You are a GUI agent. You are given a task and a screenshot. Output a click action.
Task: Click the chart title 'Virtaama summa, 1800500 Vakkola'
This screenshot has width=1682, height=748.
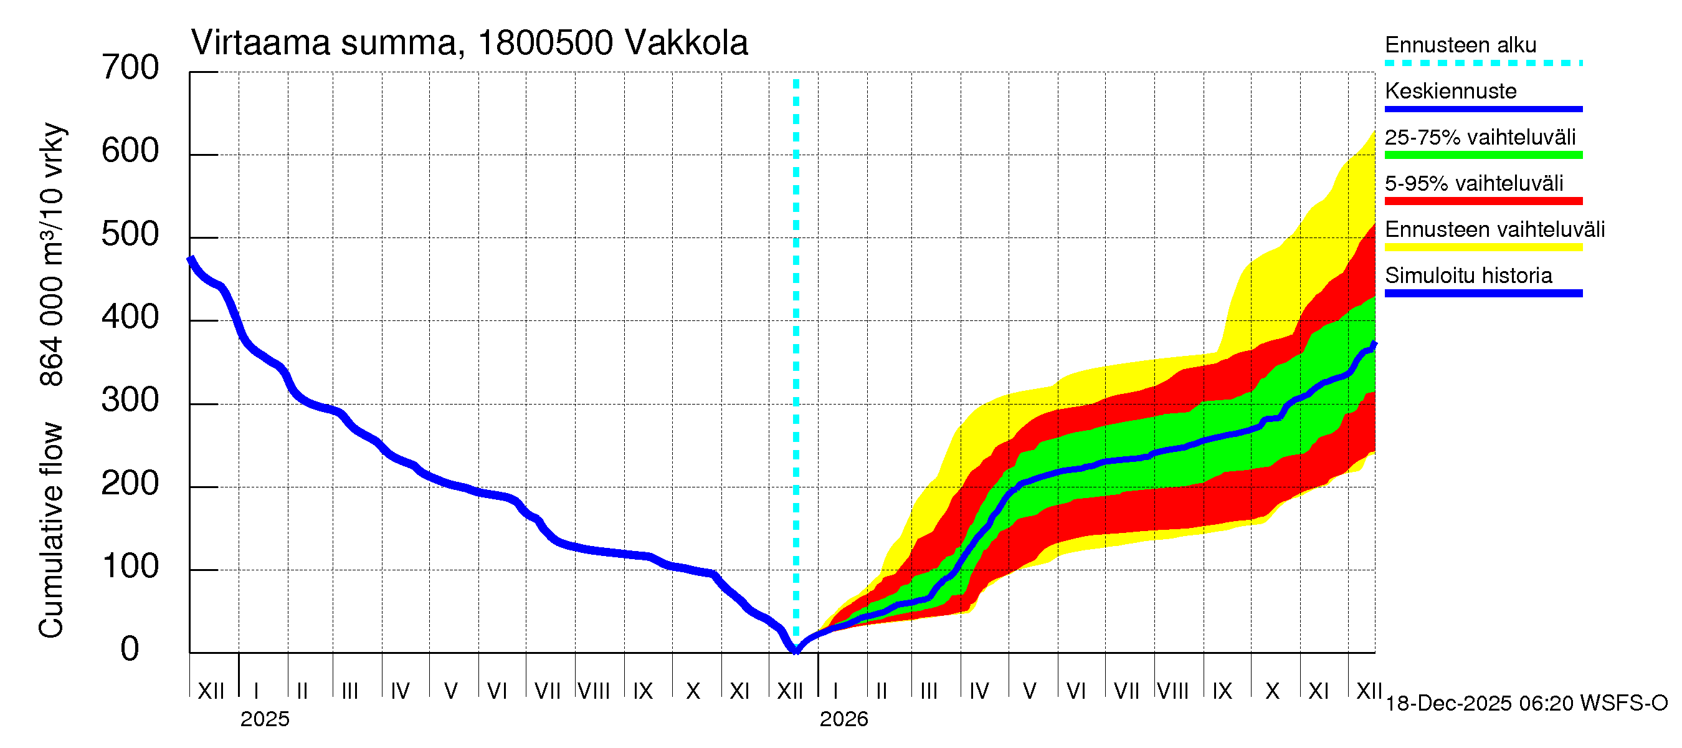point(469,43)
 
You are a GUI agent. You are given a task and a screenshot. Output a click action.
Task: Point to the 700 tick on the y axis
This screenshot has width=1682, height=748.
point(130,68)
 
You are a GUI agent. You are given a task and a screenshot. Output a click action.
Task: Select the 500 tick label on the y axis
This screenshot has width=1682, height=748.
point(130,234)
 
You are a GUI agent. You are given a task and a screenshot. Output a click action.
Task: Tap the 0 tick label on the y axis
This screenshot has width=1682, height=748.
point(130,650)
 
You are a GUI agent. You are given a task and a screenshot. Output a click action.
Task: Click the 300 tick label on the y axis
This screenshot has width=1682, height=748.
point(130,400)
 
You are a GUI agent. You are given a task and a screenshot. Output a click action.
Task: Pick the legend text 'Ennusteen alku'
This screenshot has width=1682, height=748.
point(1460,45)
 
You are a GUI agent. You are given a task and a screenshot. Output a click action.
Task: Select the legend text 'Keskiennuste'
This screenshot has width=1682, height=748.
point(1450,91)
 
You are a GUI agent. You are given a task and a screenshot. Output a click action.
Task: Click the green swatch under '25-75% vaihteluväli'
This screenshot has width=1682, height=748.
point(1483,155)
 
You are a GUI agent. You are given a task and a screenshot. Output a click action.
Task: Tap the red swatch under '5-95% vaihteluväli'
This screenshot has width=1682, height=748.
point(1483,201)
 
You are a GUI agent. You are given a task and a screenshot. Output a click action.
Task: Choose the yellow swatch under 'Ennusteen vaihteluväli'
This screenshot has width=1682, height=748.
point(1483,247)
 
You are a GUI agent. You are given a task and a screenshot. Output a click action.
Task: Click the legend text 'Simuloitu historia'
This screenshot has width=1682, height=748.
point(1468,276)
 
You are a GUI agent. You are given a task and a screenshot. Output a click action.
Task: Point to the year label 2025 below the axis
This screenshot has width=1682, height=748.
point(264,719)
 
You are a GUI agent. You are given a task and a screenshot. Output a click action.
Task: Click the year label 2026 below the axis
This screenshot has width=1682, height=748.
point(843,719)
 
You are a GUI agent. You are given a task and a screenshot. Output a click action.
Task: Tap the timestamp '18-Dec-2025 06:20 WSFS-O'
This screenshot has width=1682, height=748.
point(1526,704)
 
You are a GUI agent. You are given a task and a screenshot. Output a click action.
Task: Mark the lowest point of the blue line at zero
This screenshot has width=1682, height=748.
point(796,651)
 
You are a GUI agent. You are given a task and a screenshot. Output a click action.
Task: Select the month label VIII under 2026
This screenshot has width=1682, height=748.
point(1172,691)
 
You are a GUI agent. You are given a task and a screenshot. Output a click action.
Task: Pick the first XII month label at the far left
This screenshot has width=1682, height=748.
point(211,691)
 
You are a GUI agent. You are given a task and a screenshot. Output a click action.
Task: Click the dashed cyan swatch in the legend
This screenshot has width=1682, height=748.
point(1483,64)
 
